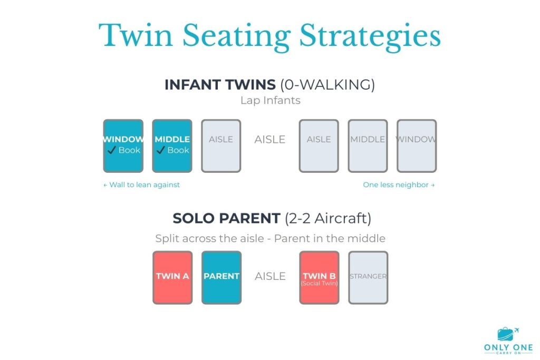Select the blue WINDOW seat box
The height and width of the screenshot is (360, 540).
(x=123, y=146)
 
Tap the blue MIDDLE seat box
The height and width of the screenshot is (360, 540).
(x=172, y=146)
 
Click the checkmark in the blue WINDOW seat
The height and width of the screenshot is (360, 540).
(x=111, y=150)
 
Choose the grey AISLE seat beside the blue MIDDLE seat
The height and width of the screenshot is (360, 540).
(x=221, y=146)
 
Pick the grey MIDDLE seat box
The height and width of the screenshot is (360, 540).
(x=368, y=146)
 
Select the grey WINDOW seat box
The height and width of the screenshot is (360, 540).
(x=417, y=146)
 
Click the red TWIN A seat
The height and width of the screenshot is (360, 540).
(x=172, y=277)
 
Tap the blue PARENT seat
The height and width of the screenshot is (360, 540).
(x=221, y=277)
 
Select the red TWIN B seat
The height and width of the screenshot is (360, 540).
(x=319, y=277)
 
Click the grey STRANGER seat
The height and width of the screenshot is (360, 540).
(x=368, y=277)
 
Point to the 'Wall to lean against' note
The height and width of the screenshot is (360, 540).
(x=142, y=185)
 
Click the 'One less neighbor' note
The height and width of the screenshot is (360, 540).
(x=399, y=185)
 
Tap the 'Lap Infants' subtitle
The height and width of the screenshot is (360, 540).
(x=269, y=100)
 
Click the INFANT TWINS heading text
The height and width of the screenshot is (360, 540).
(x=220, y=85)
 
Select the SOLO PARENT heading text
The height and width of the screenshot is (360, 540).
(x=227, y=219)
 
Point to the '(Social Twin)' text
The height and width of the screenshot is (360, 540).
(x=319, y=284)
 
